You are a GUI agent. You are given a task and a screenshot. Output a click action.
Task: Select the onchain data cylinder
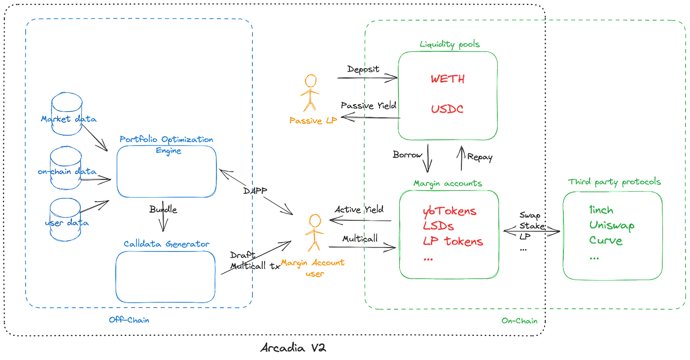tap(66, 169)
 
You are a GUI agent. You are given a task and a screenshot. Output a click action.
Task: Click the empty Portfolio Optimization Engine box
tap(167, 172)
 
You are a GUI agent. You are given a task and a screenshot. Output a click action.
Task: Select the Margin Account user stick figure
tap(312, 233)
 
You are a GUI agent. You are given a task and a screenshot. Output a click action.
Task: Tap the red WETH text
tap(448, 78)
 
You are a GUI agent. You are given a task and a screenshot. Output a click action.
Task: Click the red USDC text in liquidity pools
tap(448, 108)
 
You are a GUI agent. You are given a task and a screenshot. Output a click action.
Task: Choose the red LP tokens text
tap(452, 241)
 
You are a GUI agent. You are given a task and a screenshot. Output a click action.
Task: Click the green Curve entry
tap(606, 241)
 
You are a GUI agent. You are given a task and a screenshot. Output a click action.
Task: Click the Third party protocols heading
tap(614, 182)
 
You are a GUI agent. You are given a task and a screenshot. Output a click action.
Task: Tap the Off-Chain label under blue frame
tap(129, 320)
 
